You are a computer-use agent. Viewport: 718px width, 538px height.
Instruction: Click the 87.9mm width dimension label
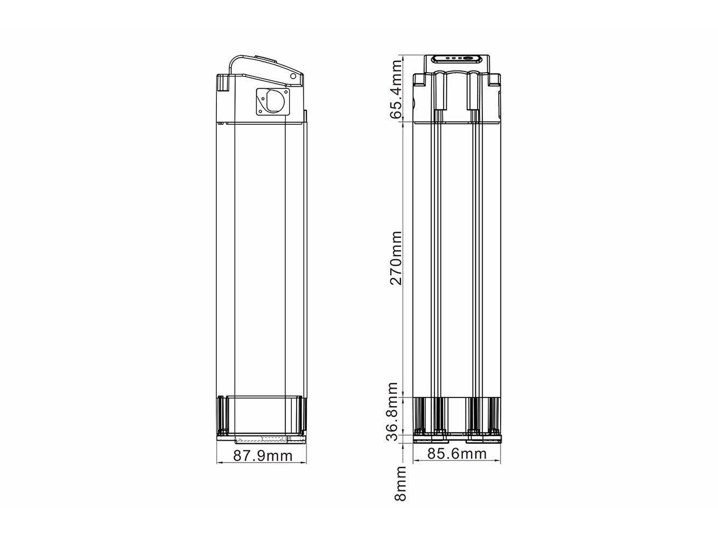pos(263,455)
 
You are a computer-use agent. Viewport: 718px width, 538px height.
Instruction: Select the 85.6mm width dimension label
pos(457,454)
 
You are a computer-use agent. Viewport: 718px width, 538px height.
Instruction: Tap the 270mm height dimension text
pos(396,258)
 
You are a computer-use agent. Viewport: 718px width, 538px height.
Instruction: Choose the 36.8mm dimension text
pos(392,411)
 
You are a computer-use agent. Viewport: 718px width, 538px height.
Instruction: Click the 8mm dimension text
pos(400,484)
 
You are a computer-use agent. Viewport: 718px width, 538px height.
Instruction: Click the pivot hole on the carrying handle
pos(293,76)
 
